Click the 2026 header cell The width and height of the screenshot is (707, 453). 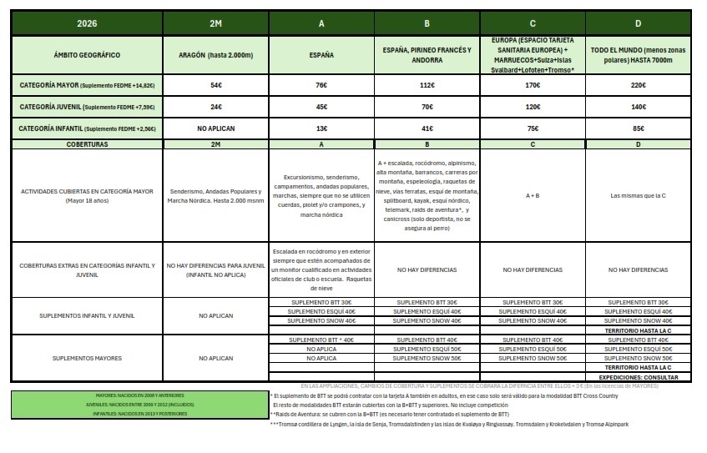87,23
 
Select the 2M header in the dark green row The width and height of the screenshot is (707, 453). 215,23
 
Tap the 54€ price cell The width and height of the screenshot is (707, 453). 215,85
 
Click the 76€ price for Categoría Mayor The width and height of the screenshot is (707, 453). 321,85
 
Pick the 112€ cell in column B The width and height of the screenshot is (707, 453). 428,85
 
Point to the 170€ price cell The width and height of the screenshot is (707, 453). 533,85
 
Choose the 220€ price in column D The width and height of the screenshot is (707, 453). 639,85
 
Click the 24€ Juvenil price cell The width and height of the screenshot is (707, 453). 215,107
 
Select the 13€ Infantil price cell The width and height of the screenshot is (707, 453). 321,129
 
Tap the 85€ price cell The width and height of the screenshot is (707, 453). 639,129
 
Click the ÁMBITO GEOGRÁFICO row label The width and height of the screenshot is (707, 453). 87,54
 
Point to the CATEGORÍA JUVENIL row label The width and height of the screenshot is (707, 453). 87,107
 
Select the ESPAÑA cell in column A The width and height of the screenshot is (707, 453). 321,54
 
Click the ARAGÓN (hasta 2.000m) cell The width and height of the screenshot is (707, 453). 215,54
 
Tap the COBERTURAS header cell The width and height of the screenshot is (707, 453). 87,144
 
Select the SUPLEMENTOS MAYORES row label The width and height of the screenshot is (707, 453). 87,358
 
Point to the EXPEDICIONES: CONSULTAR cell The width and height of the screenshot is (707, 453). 639,377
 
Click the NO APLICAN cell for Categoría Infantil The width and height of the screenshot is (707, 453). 215,129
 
